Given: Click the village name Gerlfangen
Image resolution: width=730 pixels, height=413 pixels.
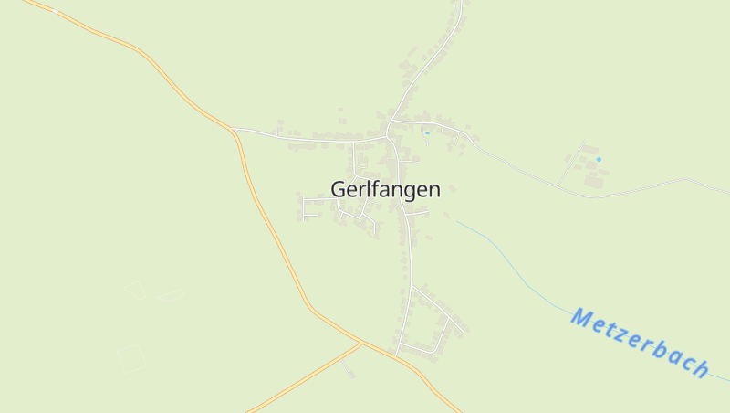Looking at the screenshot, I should point(385,189).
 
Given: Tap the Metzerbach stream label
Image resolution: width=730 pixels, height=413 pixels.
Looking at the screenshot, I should point(640,343).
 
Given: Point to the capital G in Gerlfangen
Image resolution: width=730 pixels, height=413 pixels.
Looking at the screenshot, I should point(339,189).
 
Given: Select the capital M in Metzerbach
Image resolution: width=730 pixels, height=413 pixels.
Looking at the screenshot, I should point(581,317).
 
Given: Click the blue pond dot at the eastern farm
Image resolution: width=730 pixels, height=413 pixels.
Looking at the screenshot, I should point(599,160).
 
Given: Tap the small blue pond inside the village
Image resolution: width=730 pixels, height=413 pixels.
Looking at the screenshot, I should point(426,133).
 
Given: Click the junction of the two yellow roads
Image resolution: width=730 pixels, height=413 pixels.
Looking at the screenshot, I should point(361,344).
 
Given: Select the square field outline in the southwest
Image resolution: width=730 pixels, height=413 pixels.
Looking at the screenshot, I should point(131,358).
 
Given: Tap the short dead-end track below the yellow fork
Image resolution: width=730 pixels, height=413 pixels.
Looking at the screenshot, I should point(349,369).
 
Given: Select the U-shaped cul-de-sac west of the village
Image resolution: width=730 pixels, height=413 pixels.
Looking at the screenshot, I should point(307,206).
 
